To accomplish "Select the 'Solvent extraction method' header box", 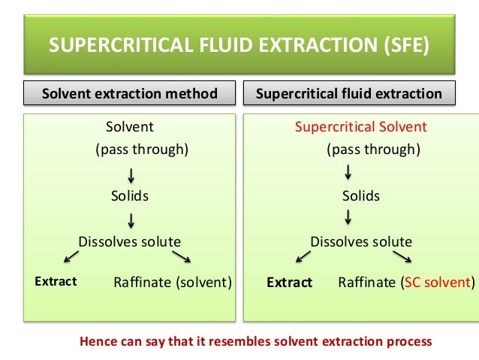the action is pos(130,94).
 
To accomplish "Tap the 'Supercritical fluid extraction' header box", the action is pos(349,94).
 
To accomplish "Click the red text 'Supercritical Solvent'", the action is pos(360,126).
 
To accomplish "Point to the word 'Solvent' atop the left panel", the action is pos(129,126).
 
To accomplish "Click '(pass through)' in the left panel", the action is pos(141,149).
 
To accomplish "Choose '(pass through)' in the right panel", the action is pos(373,149).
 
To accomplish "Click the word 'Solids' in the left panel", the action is pos(130,196).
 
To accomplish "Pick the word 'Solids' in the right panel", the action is pos(361,196).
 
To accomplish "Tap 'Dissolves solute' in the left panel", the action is pos(130,241).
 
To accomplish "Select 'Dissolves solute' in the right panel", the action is pos(361,241).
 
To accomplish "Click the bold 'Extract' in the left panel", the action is pos(56,282).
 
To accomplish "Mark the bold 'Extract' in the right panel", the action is pos(289,283).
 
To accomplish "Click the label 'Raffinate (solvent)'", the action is pos(173,283).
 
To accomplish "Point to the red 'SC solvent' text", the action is pos(437,283).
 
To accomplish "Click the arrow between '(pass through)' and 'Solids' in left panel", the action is pos(131,175).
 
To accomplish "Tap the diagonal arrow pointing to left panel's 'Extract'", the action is pos(71,257).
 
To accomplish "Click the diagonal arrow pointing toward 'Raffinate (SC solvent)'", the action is pos(402,257).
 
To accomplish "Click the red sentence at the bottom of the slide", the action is pos(256,340).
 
